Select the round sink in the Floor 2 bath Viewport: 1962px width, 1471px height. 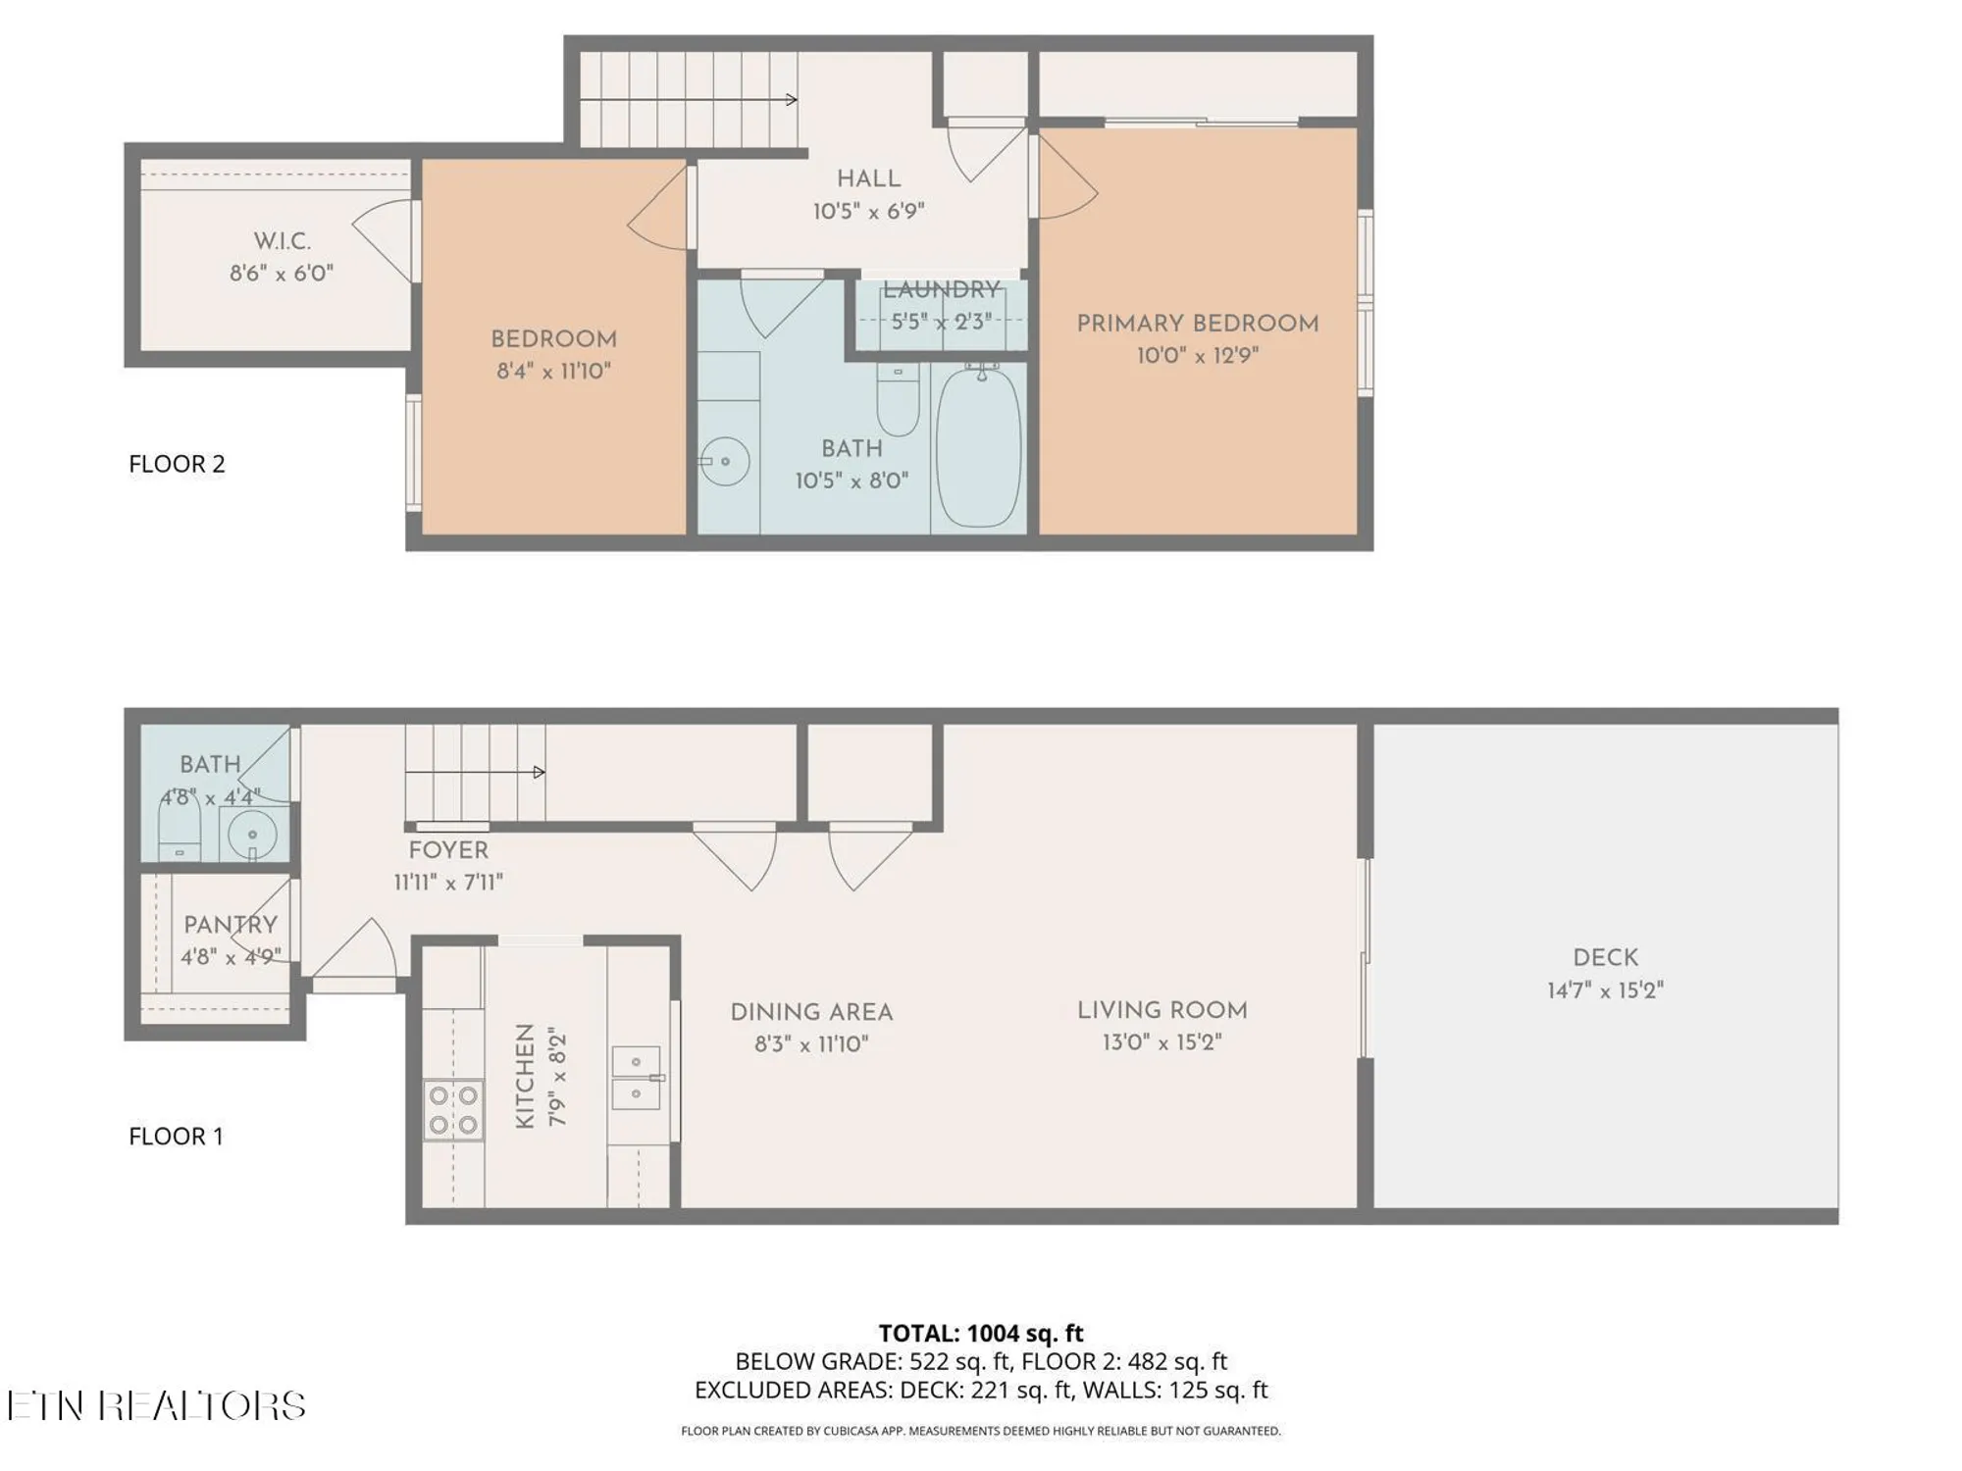click(726, 461)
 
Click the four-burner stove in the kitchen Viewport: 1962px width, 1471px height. click(453, 1109)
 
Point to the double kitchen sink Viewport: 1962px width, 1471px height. click(636, 1077)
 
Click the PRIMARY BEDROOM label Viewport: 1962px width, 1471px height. click(1197, 324)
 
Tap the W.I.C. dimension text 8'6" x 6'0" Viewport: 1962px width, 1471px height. click(282, 274)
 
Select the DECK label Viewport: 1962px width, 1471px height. click(1605, 958)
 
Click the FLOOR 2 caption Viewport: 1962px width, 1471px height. click(177, 464)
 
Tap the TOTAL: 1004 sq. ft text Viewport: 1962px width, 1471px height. click(980, 1334)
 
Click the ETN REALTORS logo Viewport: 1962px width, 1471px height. click(157, 1405)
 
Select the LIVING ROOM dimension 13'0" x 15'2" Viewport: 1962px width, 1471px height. click(1162, 1042)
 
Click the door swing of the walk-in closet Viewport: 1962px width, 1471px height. click(385, 239)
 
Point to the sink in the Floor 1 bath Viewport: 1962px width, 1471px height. click(252, 835)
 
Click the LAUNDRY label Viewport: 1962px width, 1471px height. click(940, 289)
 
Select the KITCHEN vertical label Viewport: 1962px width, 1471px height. click(525, 1076)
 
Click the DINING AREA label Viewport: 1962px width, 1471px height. click(811, 1012)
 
